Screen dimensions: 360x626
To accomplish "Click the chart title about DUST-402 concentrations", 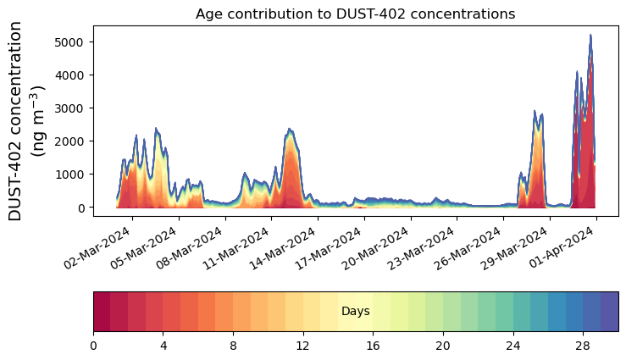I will [355, 14].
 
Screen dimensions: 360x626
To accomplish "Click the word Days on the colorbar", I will [355, 312].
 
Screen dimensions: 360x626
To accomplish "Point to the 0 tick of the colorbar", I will [93, 346].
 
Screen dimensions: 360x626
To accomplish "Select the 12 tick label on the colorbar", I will [302, 346].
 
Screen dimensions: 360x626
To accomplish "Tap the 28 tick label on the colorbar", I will [582, 346].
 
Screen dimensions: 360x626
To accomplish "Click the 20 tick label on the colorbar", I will [442, 346].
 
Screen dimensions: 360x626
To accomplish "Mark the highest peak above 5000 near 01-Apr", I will [590, 36].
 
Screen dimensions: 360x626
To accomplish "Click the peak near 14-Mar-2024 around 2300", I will [290, 130].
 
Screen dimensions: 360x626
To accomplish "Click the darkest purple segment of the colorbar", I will [609, 312].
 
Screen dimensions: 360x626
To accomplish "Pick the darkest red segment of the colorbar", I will [102, 312].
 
